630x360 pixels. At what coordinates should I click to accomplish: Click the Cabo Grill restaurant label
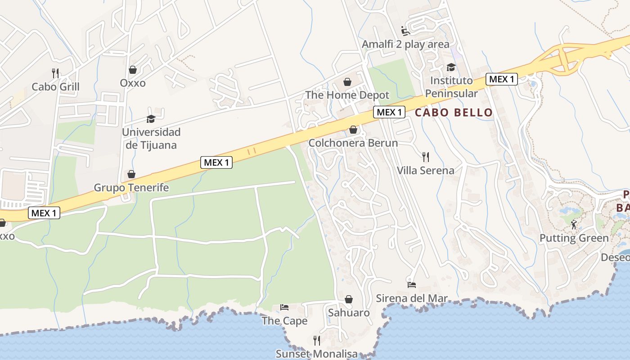point(55,87)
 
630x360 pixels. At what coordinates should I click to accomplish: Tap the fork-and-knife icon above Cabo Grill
point(55,73)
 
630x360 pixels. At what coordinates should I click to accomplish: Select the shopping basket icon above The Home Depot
point(347,82)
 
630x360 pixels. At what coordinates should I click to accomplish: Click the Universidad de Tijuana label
point(151,139)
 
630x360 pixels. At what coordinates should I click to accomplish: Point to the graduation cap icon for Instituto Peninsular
point(451,67)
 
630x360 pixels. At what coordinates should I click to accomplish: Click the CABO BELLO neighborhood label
point(454,112)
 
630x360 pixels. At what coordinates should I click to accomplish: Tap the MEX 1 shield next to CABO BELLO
point(389,112)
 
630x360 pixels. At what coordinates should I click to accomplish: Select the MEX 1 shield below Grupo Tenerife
point(44,213)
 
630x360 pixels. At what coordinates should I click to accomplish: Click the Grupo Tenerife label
point(131,188)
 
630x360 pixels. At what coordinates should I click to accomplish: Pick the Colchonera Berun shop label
point(353,143)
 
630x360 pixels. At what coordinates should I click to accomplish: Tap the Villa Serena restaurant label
point(425,171)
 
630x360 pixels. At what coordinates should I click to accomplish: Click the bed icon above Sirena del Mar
point(412,284)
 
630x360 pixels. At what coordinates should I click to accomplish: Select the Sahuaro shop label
point(349,313)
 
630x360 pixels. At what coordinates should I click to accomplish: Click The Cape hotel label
point(284,321)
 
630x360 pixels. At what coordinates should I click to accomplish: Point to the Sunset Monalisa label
point(316,354)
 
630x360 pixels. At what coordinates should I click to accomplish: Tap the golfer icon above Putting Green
point(574,225)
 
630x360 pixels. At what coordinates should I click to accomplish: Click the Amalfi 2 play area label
point(405,44)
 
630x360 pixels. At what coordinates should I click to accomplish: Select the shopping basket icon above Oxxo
point(133,70)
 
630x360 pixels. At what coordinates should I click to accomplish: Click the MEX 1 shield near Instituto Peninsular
point(501,79)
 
